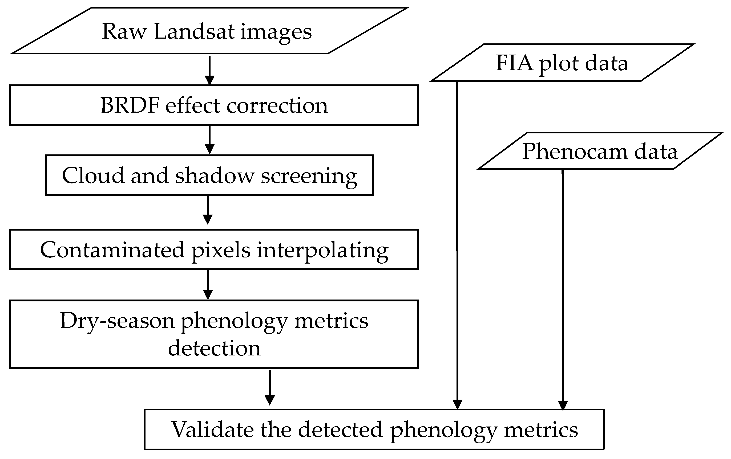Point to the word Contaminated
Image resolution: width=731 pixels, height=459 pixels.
point(112,250)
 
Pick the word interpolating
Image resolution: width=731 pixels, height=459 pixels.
point(322,251)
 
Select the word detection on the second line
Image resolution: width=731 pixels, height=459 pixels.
point(214,348)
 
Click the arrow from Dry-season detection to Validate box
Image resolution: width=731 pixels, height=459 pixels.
point(270,388)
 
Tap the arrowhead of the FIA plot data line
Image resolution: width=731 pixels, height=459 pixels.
point(458,404)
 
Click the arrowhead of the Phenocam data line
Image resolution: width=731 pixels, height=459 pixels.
point(563,405)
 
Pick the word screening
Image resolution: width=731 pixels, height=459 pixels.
point(309,176)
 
